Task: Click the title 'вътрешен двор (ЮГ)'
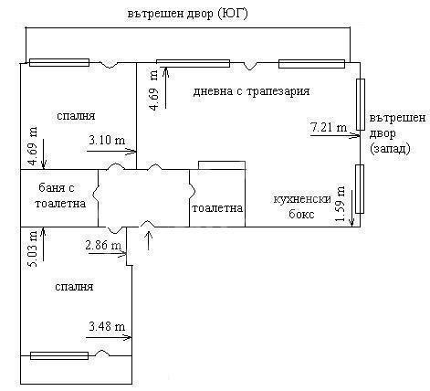[187, 14]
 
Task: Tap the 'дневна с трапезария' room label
[251, 91]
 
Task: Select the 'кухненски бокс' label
[302, 206]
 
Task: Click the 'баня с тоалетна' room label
[59, 195]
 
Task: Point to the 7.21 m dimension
[329, 127]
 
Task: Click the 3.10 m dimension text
[107, 140]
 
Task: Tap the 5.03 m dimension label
[33, 248]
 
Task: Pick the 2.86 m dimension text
[103, 245]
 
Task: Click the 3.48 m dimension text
[107, 326]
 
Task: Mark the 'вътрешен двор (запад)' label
[397, 133]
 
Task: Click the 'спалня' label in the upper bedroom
[76, 116]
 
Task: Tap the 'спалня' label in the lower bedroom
[74, 287]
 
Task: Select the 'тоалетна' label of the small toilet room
[217, 208]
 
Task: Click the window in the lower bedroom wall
[59, 355]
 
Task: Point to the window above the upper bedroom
[59, 62]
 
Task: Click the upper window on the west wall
[361, 104]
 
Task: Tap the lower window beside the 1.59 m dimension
[360, 189]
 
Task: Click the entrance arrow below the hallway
[149, 240]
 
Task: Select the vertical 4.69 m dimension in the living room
[154, 90]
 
